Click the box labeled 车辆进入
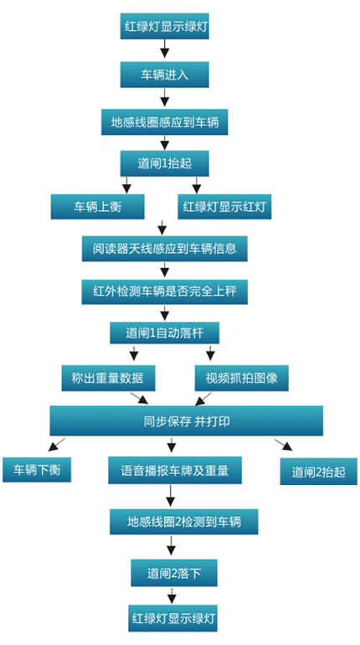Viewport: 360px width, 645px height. point(164,75)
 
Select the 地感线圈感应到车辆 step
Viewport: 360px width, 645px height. point(164,122)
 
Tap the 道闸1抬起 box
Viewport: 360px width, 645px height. point(164,163)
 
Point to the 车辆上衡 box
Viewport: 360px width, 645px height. point(97,207)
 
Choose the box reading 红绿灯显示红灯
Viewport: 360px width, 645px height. point(225,207)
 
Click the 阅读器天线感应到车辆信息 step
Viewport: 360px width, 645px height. point(164,249)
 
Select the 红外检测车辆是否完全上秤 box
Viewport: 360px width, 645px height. point(164,292)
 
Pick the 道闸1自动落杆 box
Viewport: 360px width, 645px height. point(164,333)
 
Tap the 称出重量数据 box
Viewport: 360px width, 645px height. point(109,378)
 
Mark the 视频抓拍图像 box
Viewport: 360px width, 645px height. point(242,378)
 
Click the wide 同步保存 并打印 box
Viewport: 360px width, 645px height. point(186,421)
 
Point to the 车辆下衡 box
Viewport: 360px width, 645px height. point(37,470)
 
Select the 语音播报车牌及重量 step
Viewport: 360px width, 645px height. point(175,470)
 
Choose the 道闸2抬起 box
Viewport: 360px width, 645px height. point(318,472)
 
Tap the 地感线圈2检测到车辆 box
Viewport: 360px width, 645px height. point(183,522)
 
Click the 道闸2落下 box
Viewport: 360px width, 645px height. point(174,573)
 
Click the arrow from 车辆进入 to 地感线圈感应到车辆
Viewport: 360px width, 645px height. point(164,98)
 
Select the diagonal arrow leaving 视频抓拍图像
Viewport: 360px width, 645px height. point(203,399)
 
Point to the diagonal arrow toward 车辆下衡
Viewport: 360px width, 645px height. point(56,445)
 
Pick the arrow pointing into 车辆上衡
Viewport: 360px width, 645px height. point(126,185)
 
